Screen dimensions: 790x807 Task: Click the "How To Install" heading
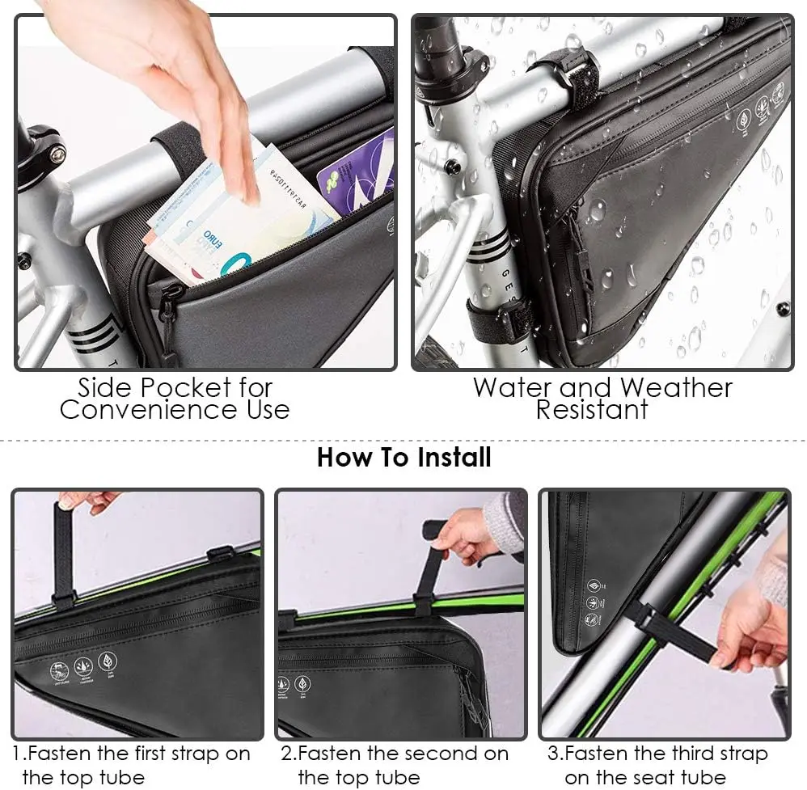(403, 457)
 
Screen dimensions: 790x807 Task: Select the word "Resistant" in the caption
(591, 410)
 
